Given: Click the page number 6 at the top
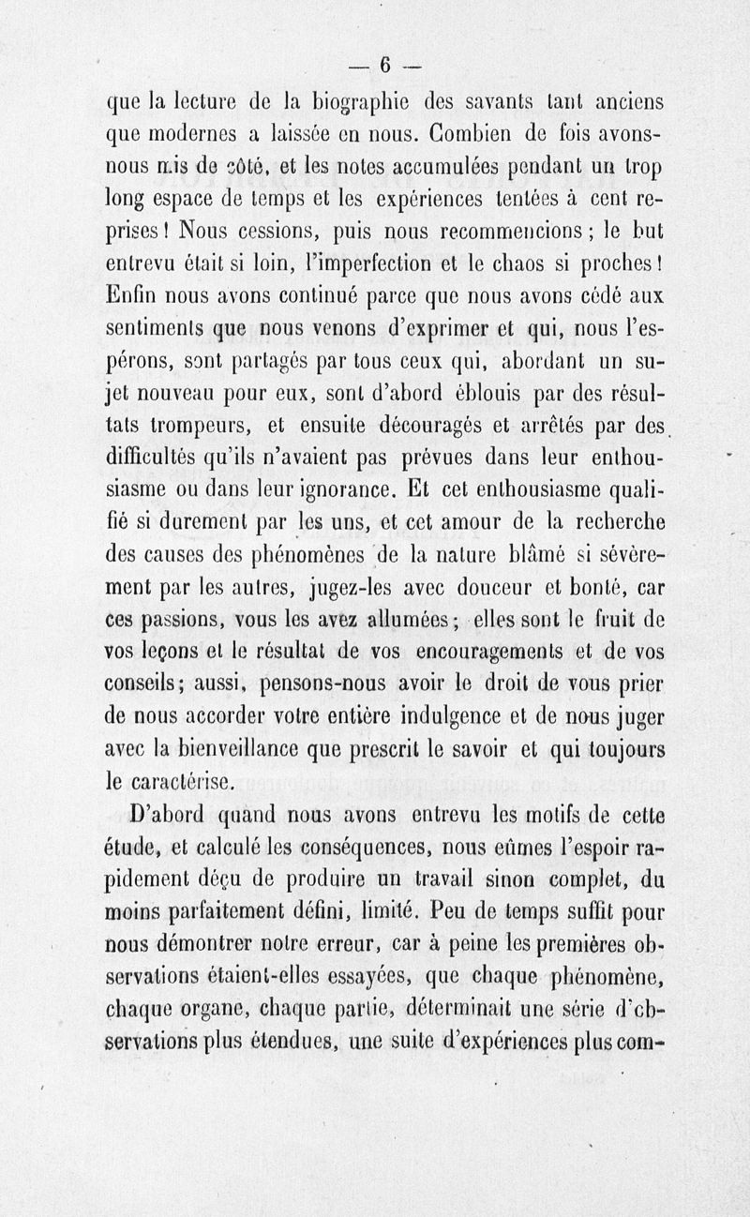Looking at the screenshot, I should click(x=384, y=65).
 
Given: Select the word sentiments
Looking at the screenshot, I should click(x=157, y=331).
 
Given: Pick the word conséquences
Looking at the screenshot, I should click(x=357, y=850).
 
